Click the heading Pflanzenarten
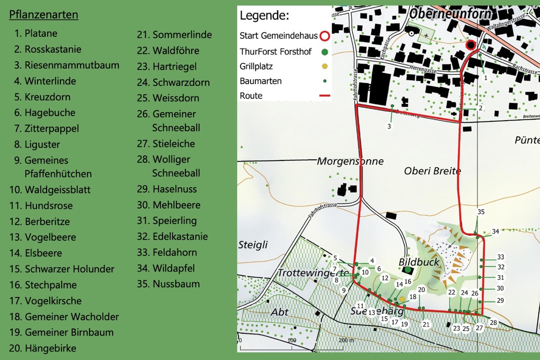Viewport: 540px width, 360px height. pos(44,15)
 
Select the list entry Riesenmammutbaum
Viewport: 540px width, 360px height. pos(67,65)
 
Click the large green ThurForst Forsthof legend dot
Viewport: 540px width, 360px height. pos(325,52)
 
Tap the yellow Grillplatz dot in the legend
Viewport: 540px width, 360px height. pos(325,67)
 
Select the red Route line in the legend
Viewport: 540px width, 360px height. pos(325,96)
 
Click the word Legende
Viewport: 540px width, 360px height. pos(264,16)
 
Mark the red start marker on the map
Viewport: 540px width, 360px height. pos(471,45)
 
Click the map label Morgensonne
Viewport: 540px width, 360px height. pos(350,161)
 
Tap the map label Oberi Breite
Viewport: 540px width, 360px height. pos(432,171)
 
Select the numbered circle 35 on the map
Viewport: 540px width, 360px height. pos(481,212)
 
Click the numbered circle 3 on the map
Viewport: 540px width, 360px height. pos(389,126)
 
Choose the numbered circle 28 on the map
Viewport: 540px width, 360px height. pos(493,323)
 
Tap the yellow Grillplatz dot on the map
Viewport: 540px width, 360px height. pos(402,299)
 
